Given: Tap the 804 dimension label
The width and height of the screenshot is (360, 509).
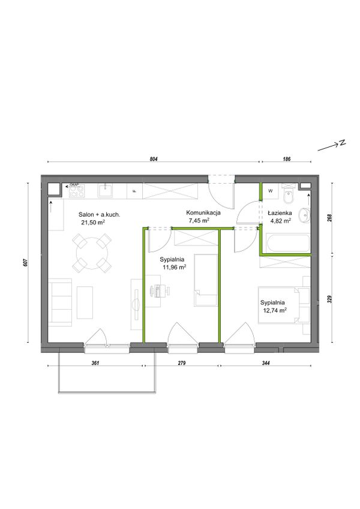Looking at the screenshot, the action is coord(154,159).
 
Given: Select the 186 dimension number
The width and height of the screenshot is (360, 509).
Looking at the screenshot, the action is coord(287,159).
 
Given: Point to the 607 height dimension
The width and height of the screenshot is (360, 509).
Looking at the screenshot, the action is coord(25,262).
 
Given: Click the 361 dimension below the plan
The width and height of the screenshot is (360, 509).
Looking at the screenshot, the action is coord(95,363).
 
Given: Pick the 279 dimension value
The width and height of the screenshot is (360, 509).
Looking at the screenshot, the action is coord(181,363).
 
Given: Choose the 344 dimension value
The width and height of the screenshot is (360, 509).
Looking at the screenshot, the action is coord(266,363).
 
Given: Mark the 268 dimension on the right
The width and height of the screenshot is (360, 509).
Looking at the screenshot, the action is coord(329,217).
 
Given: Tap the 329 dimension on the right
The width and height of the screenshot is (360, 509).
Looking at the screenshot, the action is coord(329,299).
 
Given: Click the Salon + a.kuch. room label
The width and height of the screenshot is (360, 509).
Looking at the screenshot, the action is coord(100,214).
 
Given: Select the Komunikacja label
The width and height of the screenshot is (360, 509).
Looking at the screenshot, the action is coord(203,213).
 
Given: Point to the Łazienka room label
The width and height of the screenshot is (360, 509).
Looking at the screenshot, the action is coord(280,213).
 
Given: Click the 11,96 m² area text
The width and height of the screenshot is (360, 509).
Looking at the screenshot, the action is coord(175,267).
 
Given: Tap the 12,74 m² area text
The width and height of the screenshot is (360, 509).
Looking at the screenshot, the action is coord(275,310).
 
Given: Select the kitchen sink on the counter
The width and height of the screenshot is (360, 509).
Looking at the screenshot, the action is coord(106,190).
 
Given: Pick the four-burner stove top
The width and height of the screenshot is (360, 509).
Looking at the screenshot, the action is coord(77,191).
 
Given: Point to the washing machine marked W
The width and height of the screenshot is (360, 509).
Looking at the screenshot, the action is coord(271,191).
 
